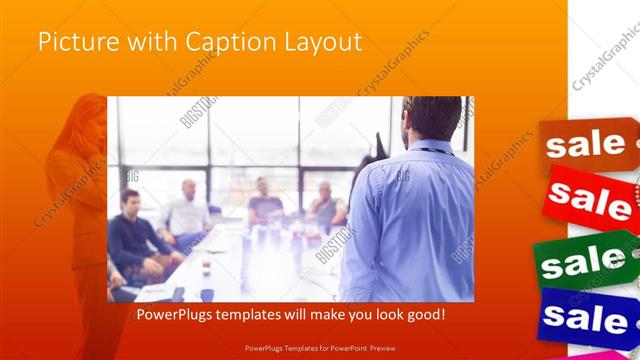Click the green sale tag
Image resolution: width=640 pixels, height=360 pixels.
(588, 264)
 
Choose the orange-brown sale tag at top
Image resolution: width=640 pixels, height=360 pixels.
(586, 144)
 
